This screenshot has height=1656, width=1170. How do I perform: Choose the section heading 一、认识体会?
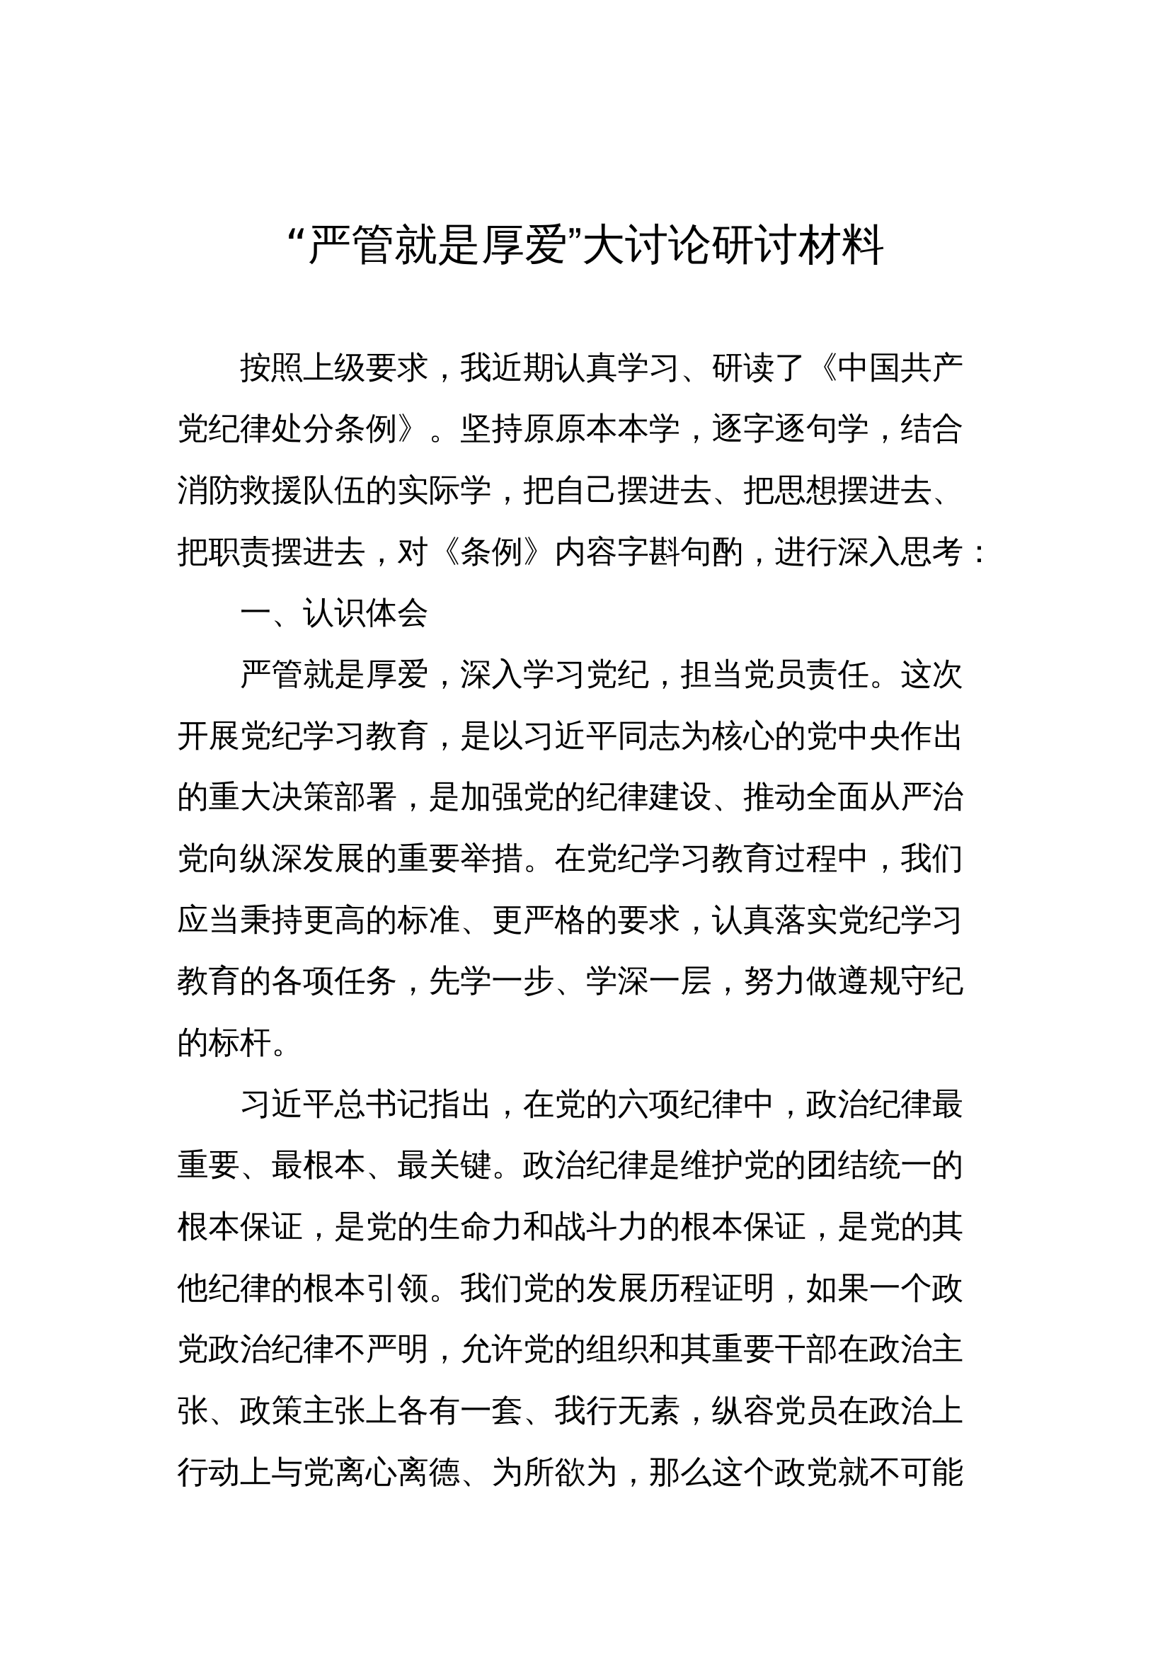coord(335,614)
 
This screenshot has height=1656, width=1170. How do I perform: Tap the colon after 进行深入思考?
coord(978,554)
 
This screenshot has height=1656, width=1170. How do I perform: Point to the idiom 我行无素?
coord(617,1412)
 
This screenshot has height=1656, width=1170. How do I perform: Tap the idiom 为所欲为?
coord(554,1473)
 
